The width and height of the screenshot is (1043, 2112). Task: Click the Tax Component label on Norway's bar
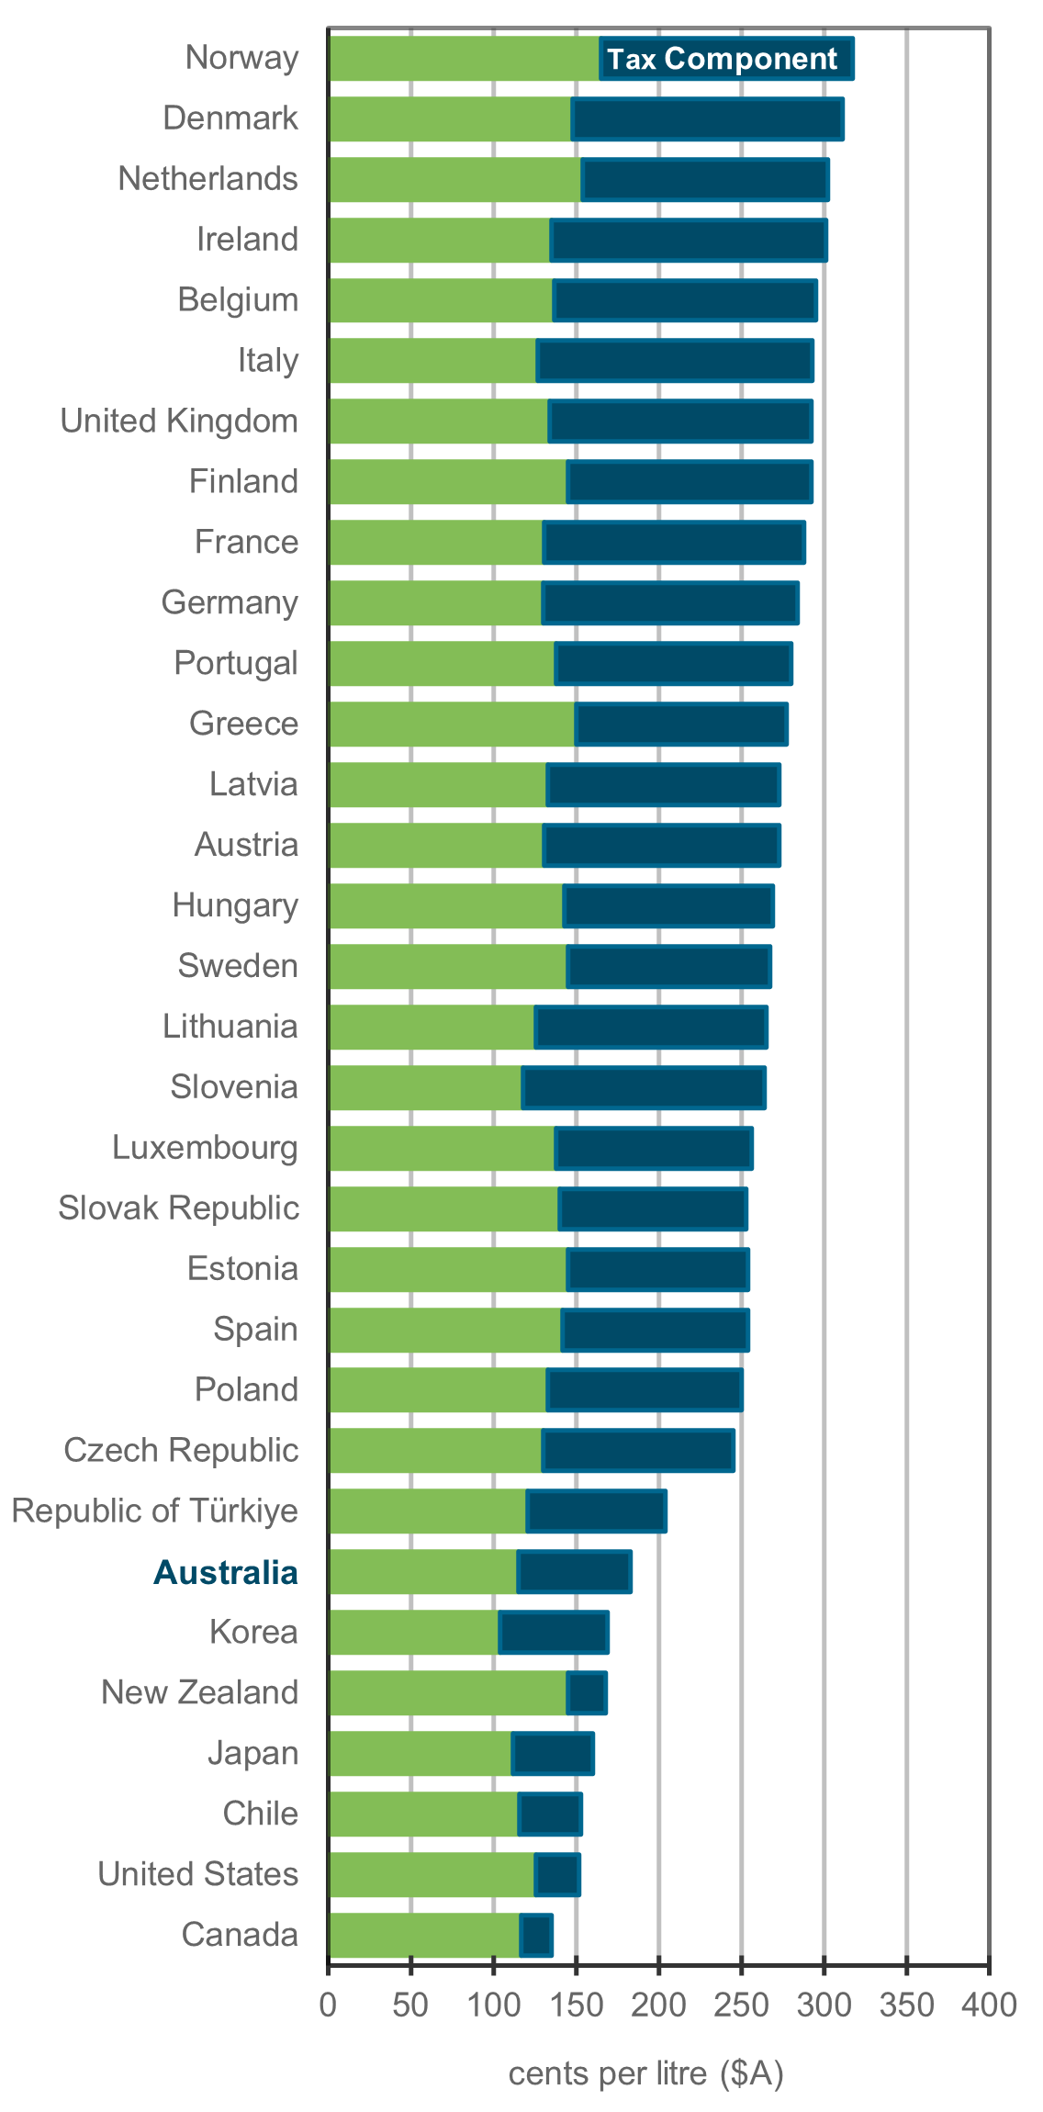click(x=722, y=59)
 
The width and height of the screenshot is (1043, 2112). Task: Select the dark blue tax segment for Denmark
click(x=707, y=119)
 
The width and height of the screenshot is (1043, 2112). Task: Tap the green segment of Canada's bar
click(x=423, y=1936)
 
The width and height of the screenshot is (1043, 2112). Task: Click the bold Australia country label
click(x=226, y=1572)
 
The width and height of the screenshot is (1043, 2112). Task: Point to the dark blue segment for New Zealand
click(x=587, y=1693)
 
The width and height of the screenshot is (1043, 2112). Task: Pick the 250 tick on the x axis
click(x=741, y=2004)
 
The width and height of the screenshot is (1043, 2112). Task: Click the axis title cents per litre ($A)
click(x=645, y=2073)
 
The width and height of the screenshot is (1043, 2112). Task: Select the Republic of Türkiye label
click(x=154, y=1511)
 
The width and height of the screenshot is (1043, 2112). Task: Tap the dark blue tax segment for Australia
click(x=574, y=1572)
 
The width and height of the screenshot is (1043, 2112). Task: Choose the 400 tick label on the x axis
click(x=989, y=2004)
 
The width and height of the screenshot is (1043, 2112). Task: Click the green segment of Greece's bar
click(x=451, y=725)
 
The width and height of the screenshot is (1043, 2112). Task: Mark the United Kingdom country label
click(x=179, y=421)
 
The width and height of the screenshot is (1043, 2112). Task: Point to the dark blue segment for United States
click(x=557, y=1875)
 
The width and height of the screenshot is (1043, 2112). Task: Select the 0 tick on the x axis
click(x=328, y=2004)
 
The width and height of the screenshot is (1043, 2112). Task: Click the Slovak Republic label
click(x=178, y=1208)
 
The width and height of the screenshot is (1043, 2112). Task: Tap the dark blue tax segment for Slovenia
click(x=644, y=1088)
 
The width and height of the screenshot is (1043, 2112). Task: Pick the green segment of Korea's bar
click(x=413, y=1633)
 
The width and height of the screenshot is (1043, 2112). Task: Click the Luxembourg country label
click(x=205, y=1147)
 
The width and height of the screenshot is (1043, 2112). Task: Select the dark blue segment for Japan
click(x=553, y=1754)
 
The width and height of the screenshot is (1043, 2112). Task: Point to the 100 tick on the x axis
click(x=493, y=2004)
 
